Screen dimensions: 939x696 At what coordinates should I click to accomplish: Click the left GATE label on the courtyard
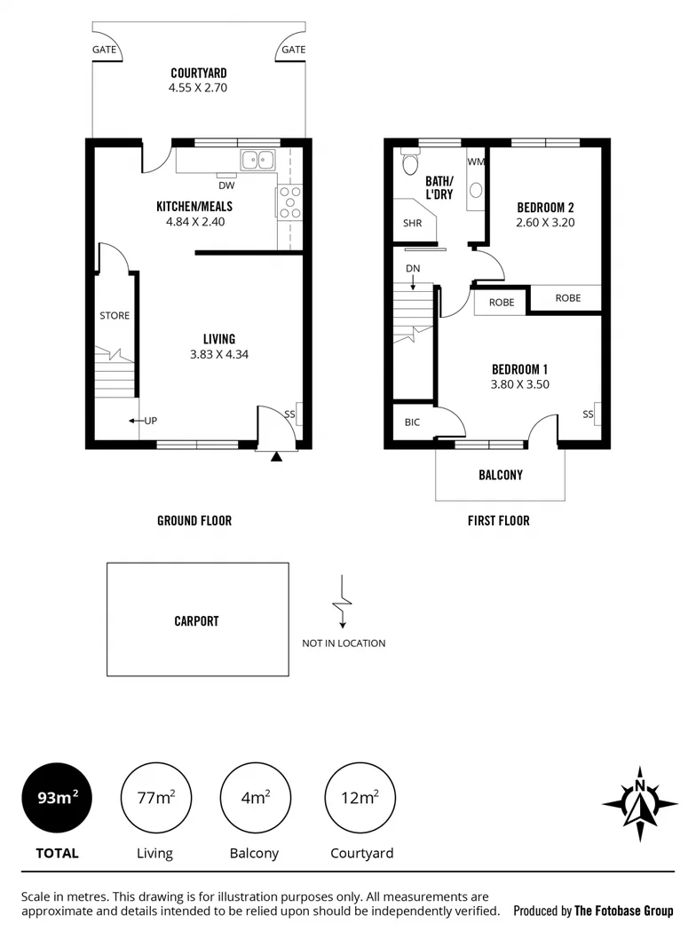point(105,50)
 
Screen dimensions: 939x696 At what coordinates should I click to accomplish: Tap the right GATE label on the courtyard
point(293,50)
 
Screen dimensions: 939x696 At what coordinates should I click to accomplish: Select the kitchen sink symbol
point(258,161)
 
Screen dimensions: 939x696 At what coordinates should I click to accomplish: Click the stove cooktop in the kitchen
point(289,201)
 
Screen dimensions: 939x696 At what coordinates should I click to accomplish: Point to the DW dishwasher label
point(225,185)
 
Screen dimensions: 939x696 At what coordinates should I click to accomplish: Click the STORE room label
point(115,315)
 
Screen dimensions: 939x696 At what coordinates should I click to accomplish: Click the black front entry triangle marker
point(277,458)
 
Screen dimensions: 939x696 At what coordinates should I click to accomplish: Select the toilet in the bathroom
point(409,163)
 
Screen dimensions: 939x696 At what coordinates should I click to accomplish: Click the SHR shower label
point(412,224)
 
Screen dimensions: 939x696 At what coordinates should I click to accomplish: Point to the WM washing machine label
point(475,162)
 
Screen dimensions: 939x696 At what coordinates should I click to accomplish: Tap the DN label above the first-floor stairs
point(413,268)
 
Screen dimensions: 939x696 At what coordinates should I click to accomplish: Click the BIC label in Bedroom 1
point(412,422)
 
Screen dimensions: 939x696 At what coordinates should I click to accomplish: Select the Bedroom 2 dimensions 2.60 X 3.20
point(545,223)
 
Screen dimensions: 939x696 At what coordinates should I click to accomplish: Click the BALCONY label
point(501,475)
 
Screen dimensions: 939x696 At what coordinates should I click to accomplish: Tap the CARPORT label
point(196,621)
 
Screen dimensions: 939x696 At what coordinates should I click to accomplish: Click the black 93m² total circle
point(57,798)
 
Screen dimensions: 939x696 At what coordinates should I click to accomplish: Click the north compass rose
point(639,803)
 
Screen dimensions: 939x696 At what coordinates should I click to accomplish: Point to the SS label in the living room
point(289,414)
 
